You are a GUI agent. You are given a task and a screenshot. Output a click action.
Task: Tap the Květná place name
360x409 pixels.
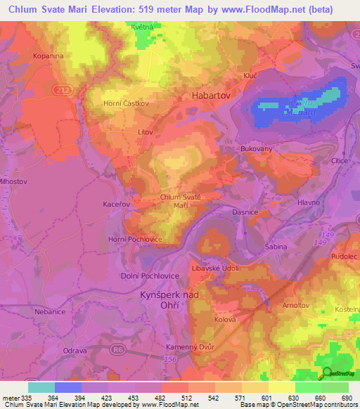click(146, 27)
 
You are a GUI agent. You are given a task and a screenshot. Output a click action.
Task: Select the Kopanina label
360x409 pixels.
click(48, 55)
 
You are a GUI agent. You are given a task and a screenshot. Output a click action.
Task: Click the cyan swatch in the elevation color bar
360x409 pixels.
click(41, 387)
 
